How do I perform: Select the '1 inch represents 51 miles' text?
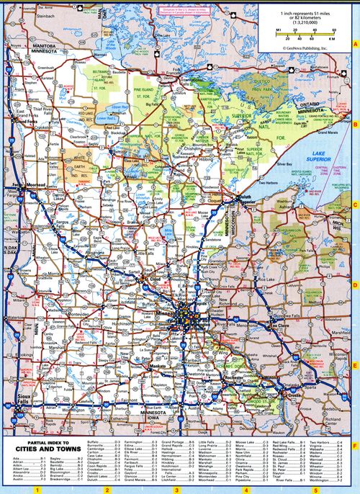pos(303,13)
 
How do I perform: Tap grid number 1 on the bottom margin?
pos(35,490)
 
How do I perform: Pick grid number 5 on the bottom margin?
pos(315,490)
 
